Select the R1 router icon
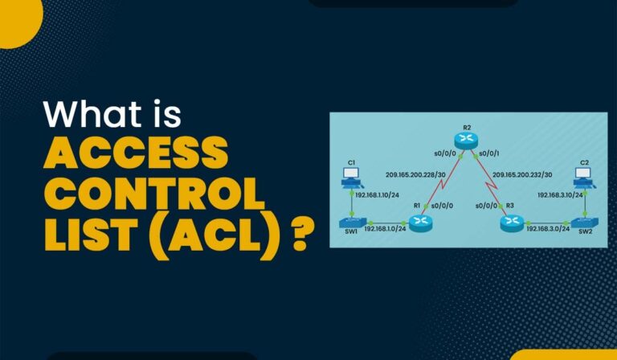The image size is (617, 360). pos(419,220)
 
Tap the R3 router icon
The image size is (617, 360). pos(511,221)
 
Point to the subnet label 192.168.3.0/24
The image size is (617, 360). pos(547,229)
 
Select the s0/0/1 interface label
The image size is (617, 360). pos(488,152)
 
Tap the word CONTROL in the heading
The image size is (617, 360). pos(153,195)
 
